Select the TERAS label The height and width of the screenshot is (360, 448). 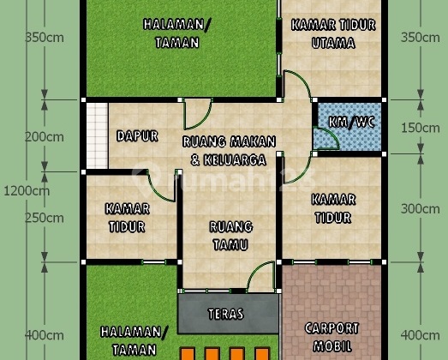[x=225, y=314]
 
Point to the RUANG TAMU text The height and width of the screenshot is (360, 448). [x=230, y=236]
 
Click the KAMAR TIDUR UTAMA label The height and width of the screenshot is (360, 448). [x=333, y=34]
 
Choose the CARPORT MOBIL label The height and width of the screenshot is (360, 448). [x=332, y=337]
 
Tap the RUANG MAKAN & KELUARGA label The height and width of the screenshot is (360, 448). [x=229, y=151]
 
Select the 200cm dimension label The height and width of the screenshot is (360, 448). [x=45, y=137]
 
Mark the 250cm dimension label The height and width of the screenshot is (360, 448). [x=45, y=219]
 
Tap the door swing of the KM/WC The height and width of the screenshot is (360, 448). [x=325, y=137]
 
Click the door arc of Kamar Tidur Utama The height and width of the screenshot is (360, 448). [x=296, y=86]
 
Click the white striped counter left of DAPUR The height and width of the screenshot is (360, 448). [x=96, y=135]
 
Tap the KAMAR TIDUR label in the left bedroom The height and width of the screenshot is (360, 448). [x=128, y=218]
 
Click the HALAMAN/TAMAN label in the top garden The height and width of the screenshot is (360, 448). [x=171, y=33]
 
